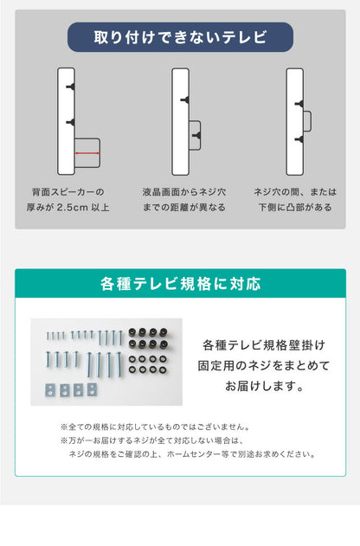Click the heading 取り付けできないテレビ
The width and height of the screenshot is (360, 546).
(180, 37)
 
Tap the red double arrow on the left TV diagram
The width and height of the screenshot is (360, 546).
(87, 154)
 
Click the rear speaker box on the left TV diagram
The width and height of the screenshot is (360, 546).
(87, 151)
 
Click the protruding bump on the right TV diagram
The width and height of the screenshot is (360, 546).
(305, 121)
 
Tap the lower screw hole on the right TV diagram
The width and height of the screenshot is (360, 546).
(299, 138)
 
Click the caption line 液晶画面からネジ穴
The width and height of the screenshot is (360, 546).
(183, 192)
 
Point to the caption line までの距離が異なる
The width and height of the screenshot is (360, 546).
(183, 208)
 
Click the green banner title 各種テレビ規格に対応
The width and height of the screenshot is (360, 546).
(180, 284)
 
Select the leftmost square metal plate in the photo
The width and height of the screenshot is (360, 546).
(50, 388)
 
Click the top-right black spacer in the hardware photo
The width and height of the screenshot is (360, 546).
(161, 331)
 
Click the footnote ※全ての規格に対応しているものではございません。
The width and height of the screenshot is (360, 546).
(156, 427)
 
